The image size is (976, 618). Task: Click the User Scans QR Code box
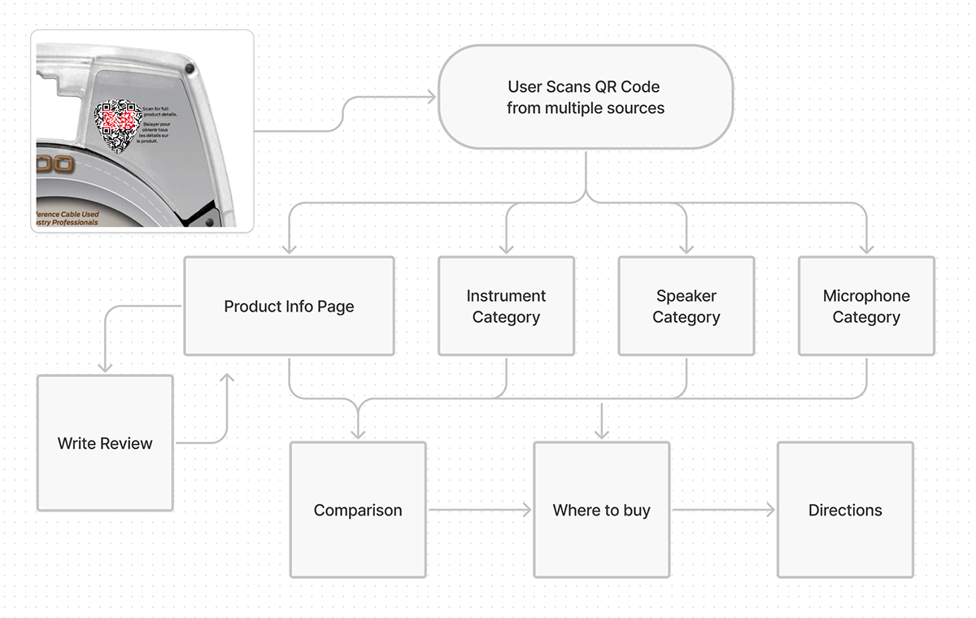tap(586, 97)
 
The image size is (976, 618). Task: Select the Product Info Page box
tap(289, 307)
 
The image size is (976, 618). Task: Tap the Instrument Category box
tap(506, 307)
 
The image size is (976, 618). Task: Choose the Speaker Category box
tap(686, 307)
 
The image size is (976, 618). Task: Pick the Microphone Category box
tap(866, 307)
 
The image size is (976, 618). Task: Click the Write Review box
tap(105, 443)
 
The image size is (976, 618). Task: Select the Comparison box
tap(358, 510)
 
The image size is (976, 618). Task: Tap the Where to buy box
tap(601, 510)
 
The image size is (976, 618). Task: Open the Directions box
tap(845, 510)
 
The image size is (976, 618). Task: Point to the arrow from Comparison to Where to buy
tap(480, 510)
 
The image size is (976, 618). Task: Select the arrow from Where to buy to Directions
tap(723, 510)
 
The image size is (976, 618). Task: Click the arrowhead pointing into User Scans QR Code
tap(430, 98)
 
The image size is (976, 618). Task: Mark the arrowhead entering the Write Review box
tap(105, 367)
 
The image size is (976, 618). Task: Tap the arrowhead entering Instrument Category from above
tap(506, 247)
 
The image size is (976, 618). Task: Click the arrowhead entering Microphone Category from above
tap(866, 247)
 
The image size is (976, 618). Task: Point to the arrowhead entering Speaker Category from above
tap(686, 247)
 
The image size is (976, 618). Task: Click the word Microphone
tap(866, 296)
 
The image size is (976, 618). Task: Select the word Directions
tap(845, 510)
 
